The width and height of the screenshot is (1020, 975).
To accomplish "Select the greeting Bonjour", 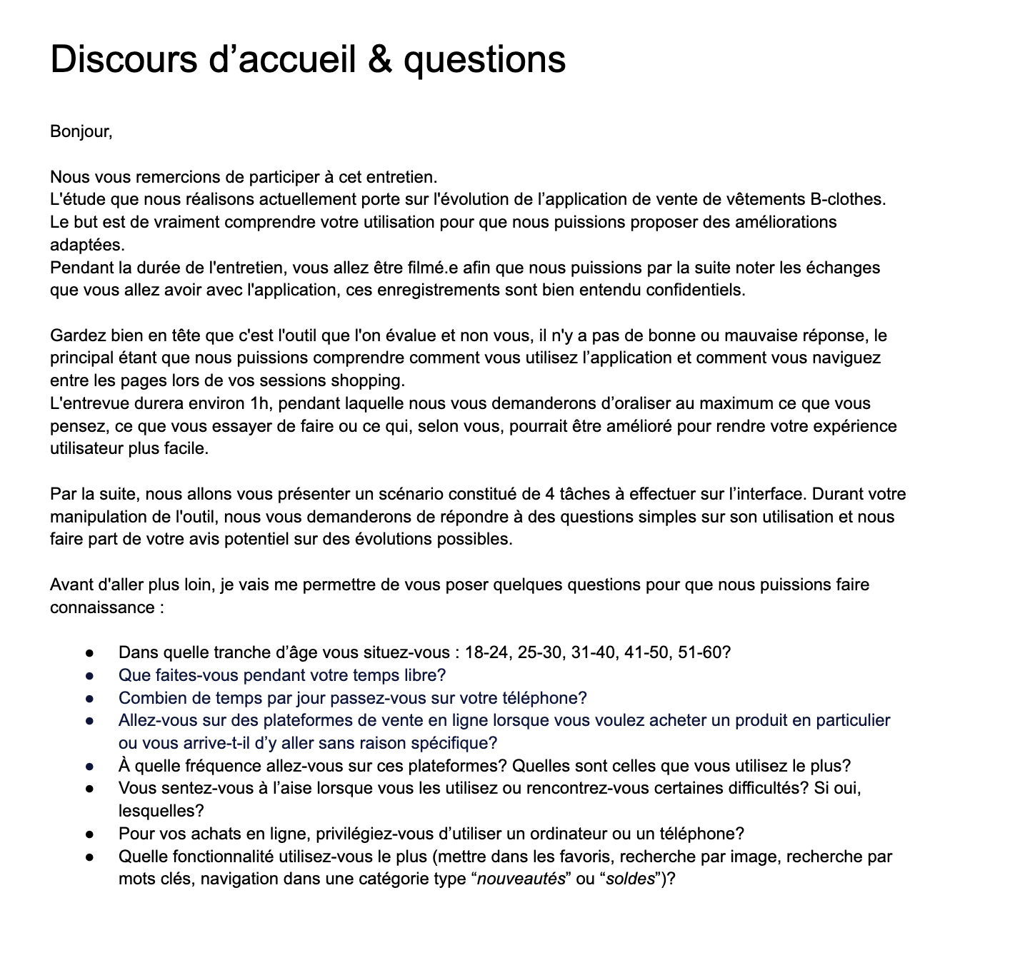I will click(x=80, y=132).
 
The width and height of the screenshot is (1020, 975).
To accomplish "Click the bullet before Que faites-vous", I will click(x=90, y=676).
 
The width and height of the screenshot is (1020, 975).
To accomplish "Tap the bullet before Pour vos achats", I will click(x=90, y=834).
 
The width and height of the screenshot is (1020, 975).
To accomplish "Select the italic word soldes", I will click(x=630, y=879).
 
